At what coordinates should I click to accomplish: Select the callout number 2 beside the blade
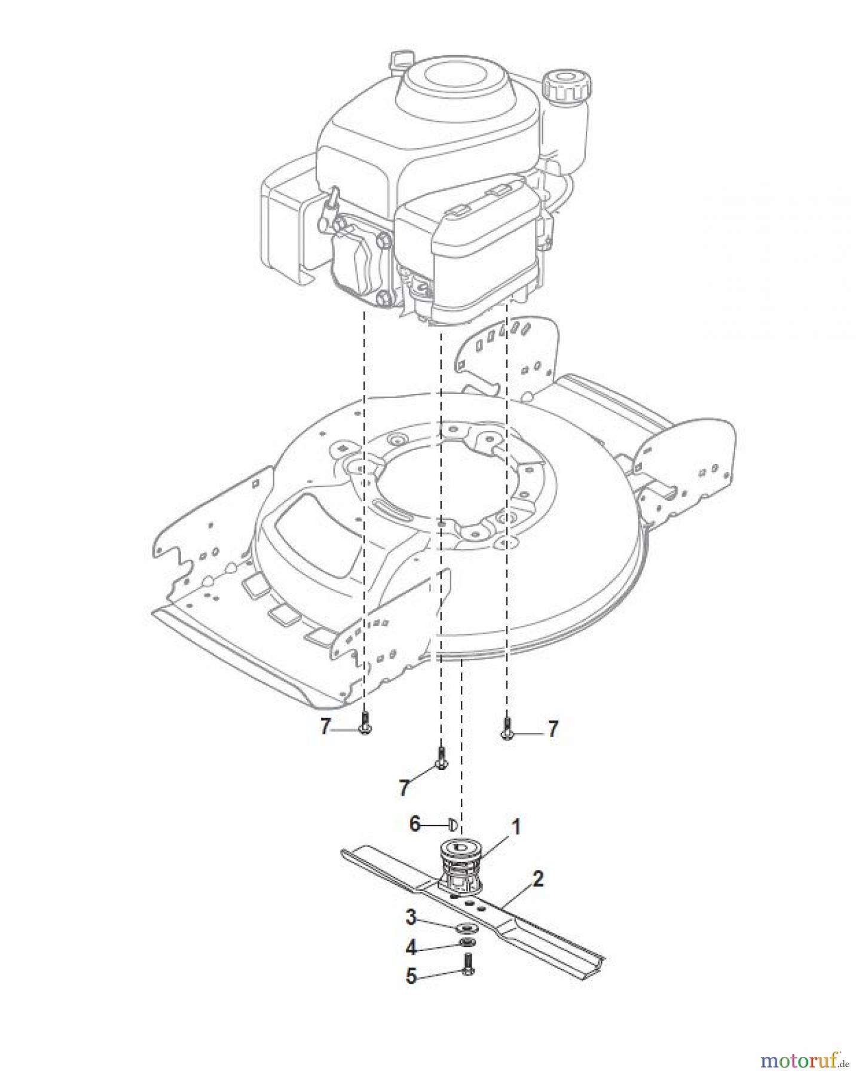click(x=537, y=879)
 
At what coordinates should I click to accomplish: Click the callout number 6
click(x=415, y=824)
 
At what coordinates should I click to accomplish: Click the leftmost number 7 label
click(x=325, y=727)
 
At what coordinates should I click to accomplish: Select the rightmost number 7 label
click(x=552, y=729)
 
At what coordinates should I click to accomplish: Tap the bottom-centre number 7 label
click(x=405, y=788)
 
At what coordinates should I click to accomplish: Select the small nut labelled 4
click(x=464, y=943)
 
